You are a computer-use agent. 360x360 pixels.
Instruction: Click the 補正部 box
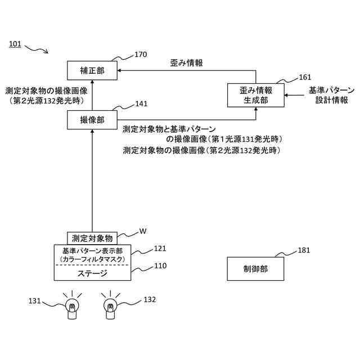(x=93, y=70)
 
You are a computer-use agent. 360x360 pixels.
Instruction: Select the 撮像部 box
(x=93, y=119)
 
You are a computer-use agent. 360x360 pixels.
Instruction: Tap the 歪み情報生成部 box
(x=256, y=95)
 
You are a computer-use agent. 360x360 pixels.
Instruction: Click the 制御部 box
(x=256, y=268)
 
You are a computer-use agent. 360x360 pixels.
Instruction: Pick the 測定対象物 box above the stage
(x=93, y=238)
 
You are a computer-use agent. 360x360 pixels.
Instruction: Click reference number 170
(x=141, y=55)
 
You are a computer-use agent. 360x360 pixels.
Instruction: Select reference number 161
(x=304, y=77)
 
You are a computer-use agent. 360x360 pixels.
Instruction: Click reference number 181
(x=304, y=251)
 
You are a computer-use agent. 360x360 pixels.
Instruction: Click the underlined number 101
(x=15, y=44)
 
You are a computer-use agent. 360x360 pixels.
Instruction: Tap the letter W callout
(x=143, y=231)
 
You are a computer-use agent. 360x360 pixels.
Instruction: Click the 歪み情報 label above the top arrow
(x=186, y=63)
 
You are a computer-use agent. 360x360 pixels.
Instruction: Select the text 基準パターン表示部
(x=92, y=250)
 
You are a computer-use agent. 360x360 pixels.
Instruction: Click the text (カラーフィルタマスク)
(x=92, y=259)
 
